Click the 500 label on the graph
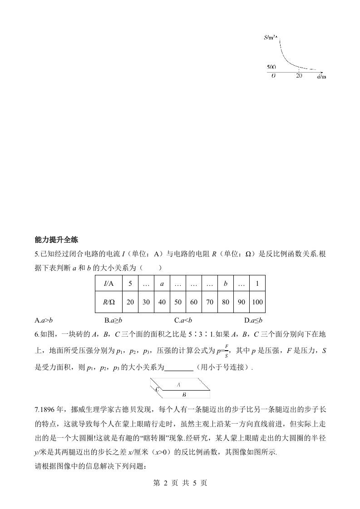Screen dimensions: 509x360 coord(271,67)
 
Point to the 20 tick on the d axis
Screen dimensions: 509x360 coord(299,76)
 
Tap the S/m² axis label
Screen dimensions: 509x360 coord(271,38)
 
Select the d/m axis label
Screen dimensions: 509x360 coord(321,77)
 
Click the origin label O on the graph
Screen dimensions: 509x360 coord(273,76)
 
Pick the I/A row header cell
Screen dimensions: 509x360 coord(108,284)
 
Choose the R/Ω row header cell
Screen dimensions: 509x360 coord(108,302)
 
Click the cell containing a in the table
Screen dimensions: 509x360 coord(162,284)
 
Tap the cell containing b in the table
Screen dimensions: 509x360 coord(225,284)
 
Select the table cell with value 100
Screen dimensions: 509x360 coord(257,302)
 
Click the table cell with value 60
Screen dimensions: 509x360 coord(194,302)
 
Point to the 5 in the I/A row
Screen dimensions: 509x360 coord(130,284)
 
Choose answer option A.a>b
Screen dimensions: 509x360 coord(44,320)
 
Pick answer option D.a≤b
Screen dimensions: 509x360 coord(253,320)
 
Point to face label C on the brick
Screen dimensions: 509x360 coord(157,389)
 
